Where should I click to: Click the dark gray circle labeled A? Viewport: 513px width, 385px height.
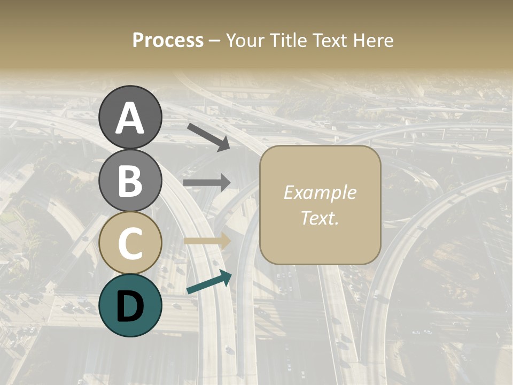coord(130,117)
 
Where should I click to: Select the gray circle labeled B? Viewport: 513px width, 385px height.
coord(130,180)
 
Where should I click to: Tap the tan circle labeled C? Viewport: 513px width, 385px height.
coord(130,243)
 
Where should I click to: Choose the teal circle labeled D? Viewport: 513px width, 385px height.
coord(130,305)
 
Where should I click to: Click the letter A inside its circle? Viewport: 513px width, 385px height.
coord(130,118)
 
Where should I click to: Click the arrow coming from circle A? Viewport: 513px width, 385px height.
coord(208,137)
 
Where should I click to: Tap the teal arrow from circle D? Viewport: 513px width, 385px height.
coord(208,282)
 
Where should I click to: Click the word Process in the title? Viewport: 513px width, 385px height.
coord(168,40)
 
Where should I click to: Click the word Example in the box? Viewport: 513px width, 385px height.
coord(320,192)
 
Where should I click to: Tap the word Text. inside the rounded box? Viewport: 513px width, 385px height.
coord(320,218)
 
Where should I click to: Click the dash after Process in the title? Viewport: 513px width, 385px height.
coord(214,41)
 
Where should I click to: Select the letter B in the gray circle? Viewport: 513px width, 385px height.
coord(130,181)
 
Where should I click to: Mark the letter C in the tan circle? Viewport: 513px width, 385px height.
coord(130,243)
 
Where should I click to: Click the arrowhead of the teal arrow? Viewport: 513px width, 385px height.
coord(225,276)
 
